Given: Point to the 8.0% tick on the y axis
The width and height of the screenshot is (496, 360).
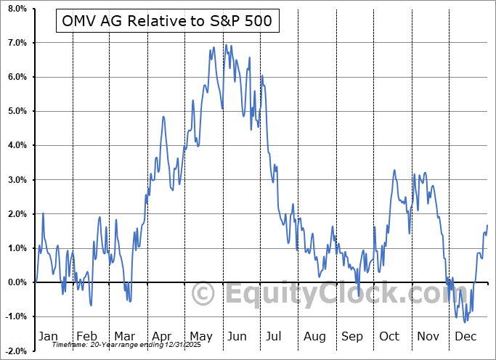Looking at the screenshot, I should (17, 9).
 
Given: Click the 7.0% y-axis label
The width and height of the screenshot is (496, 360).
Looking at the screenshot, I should (17, 43).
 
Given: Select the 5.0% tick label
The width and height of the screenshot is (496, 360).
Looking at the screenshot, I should (17, 111).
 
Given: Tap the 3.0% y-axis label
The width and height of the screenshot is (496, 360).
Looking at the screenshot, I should (17, 179).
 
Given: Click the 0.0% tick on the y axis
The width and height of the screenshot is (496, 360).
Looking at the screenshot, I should (17, 282).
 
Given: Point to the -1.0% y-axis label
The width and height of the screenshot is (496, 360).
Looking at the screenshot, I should (16, 316).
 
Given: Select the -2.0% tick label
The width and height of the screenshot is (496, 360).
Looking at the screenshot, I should (16, 351).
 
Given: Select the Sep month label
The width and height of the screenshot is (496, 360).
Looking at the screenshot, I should (351, 337).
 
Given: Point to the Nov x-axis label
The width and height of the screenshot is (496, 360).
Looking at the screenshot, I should (427, 337).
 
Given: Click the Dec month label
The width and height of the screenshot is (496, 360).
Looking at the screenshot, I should (465, 337).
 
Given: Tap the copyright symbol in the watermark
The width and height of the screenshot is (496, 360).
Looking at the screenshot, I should (203, 294).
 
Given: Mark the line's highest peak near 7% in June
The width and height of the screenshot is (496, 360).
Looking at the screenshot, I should (226, 45).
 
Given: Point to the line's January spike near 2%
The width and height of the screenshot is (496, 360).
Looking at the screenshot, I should (44, 213).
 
